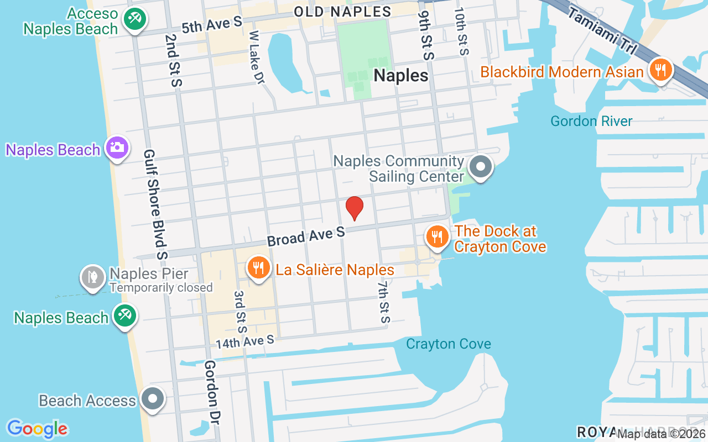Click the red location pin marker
click(354, 208)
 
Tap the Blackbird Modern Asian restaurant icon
click(660, 71)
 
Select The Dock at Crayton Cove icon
click(437, 236)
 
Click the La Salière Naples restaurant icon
click(258, 269)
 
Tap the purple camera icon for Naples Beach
click(117, 148)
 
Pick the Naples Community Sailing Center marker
click(481, 166)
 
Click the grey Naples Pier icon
click(93, 278)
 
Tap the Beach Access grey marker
click(152, 399)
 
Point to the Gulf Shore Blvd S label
click(155, 204)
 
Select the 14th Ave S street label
click(244, 341)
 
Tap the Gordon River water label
click(591, 121)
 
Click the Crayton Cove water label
click(448, 344)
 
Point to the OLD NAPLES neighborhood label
click(342, 11)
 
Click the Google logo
click(37, 428)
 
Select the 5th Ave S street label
click(212, 24)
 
